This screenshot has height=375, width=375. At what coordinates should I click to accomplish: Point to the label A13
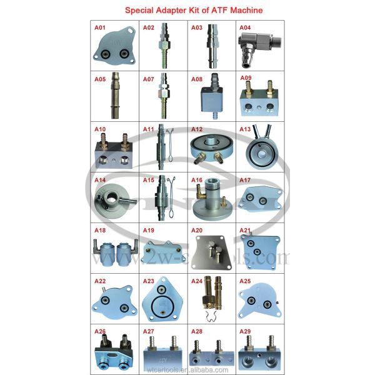click(x=245, y=129)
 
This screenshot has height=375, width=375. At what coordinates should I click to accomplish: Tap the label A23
click(x=149, y=281)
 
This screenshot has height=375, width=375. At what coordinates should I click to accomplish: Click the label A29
click(x=245, y=331)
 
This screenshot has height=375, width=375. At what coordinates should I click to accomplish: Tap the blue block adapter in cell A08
click(x=211, y=100)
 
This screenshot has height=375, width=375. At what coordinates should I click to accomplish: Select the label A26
click(x=101, y=331)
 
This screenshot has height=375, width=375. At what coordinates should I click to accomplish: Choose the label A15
click(x=149, y=179)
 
